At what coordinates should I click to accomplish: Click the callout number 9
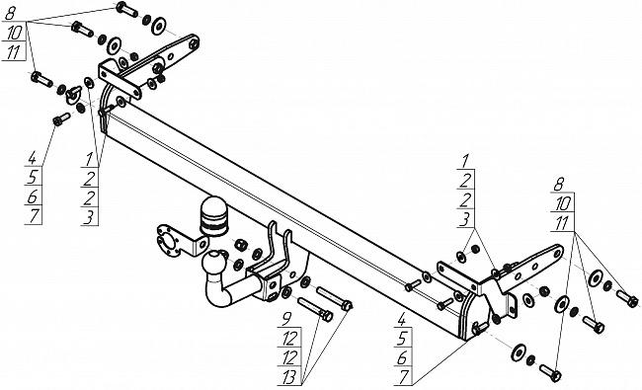[287, 318]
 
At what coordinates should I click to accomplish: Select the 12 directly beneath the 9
[289, 339]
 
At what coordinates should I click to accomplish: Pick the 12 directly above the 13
[289, 358]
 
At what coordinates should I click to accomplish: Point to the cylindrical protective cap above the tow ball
[213, 216]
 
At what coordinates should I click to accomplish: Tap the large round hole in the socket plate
[167, 243]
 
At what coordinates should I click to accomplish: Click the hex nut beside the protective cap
[241, 245]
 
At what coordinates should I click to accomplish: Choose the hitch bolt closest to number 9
[315, 309]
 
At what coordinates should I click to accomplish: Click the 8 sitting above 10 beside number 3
[558, 185]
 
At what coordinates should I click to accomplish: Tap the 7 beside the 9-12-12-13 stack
[404, 376]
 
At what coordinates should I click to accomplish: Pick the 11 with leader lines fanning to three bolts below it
[562, 223]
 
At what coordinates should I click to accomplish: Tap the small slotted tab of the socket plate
[201, 244]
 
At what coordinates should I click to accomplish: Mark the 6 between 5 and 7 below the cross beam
[402, 358]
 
